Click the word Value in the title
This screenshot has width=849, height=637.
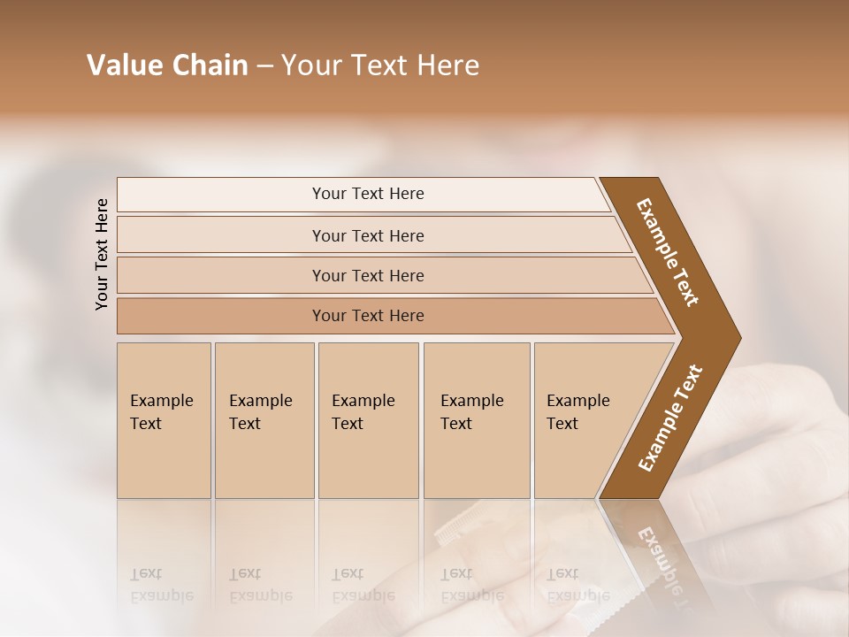pos(123,65)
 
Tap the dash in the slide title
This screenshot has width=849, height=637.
pos(264,66)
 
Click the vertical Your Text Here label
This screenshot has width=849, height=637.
pos(102,254)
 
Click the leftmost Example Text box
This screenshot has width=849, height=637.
pos(164,420)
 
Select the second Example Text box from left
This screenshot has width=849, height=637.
pos(264,420)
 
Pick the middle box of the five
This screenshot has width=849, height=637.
pos(368,420)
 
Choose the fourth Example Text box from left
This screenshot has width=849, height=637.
pos(476,420)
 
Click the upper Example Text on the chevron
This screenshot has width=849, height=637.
pos(669,252)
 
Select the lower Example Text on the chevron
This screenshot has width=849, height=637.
pos(669,418)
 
